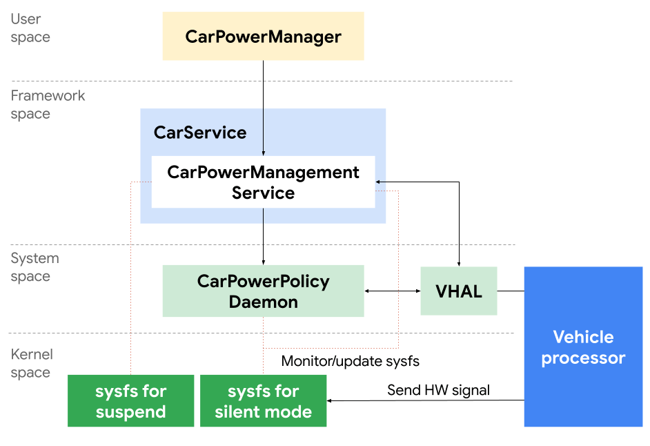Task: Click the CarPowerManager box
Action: (x=263, y=36)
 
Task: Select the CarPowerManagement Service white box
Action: (x=263, y=182)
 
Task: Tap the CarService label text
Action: (x=200, y=133)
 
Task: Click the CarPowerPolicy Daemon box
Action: (x=263, y=291)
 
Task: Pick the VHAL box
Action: (x=459, y=291)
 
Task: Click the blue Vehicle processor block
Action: (x=583, y=347)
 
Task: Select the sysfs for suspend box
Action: (x=130, y=401)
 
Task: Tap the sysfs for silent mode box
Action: (x=263, y=401)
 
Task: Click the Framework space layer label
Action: (x=48, y=104)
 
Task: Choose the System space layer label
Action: (x=35, y=267)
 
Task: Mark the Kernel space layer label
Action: (x=32, y=363)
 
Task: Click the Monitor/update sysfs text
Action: (x=350, y=361)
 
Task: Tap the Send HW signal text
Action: (x=438, y=390)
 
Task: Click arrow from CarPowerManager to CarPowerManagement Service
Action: (x=263, y=104)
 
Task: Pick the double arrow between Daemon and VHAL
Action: (x=392, y=291)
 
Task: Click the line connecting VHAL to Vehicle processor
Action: (x=511, y=291)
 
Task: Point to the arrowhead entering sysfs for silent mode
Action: (x=331, y=400)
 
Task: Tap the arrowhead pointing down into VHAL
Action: (x=459, y=263)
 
